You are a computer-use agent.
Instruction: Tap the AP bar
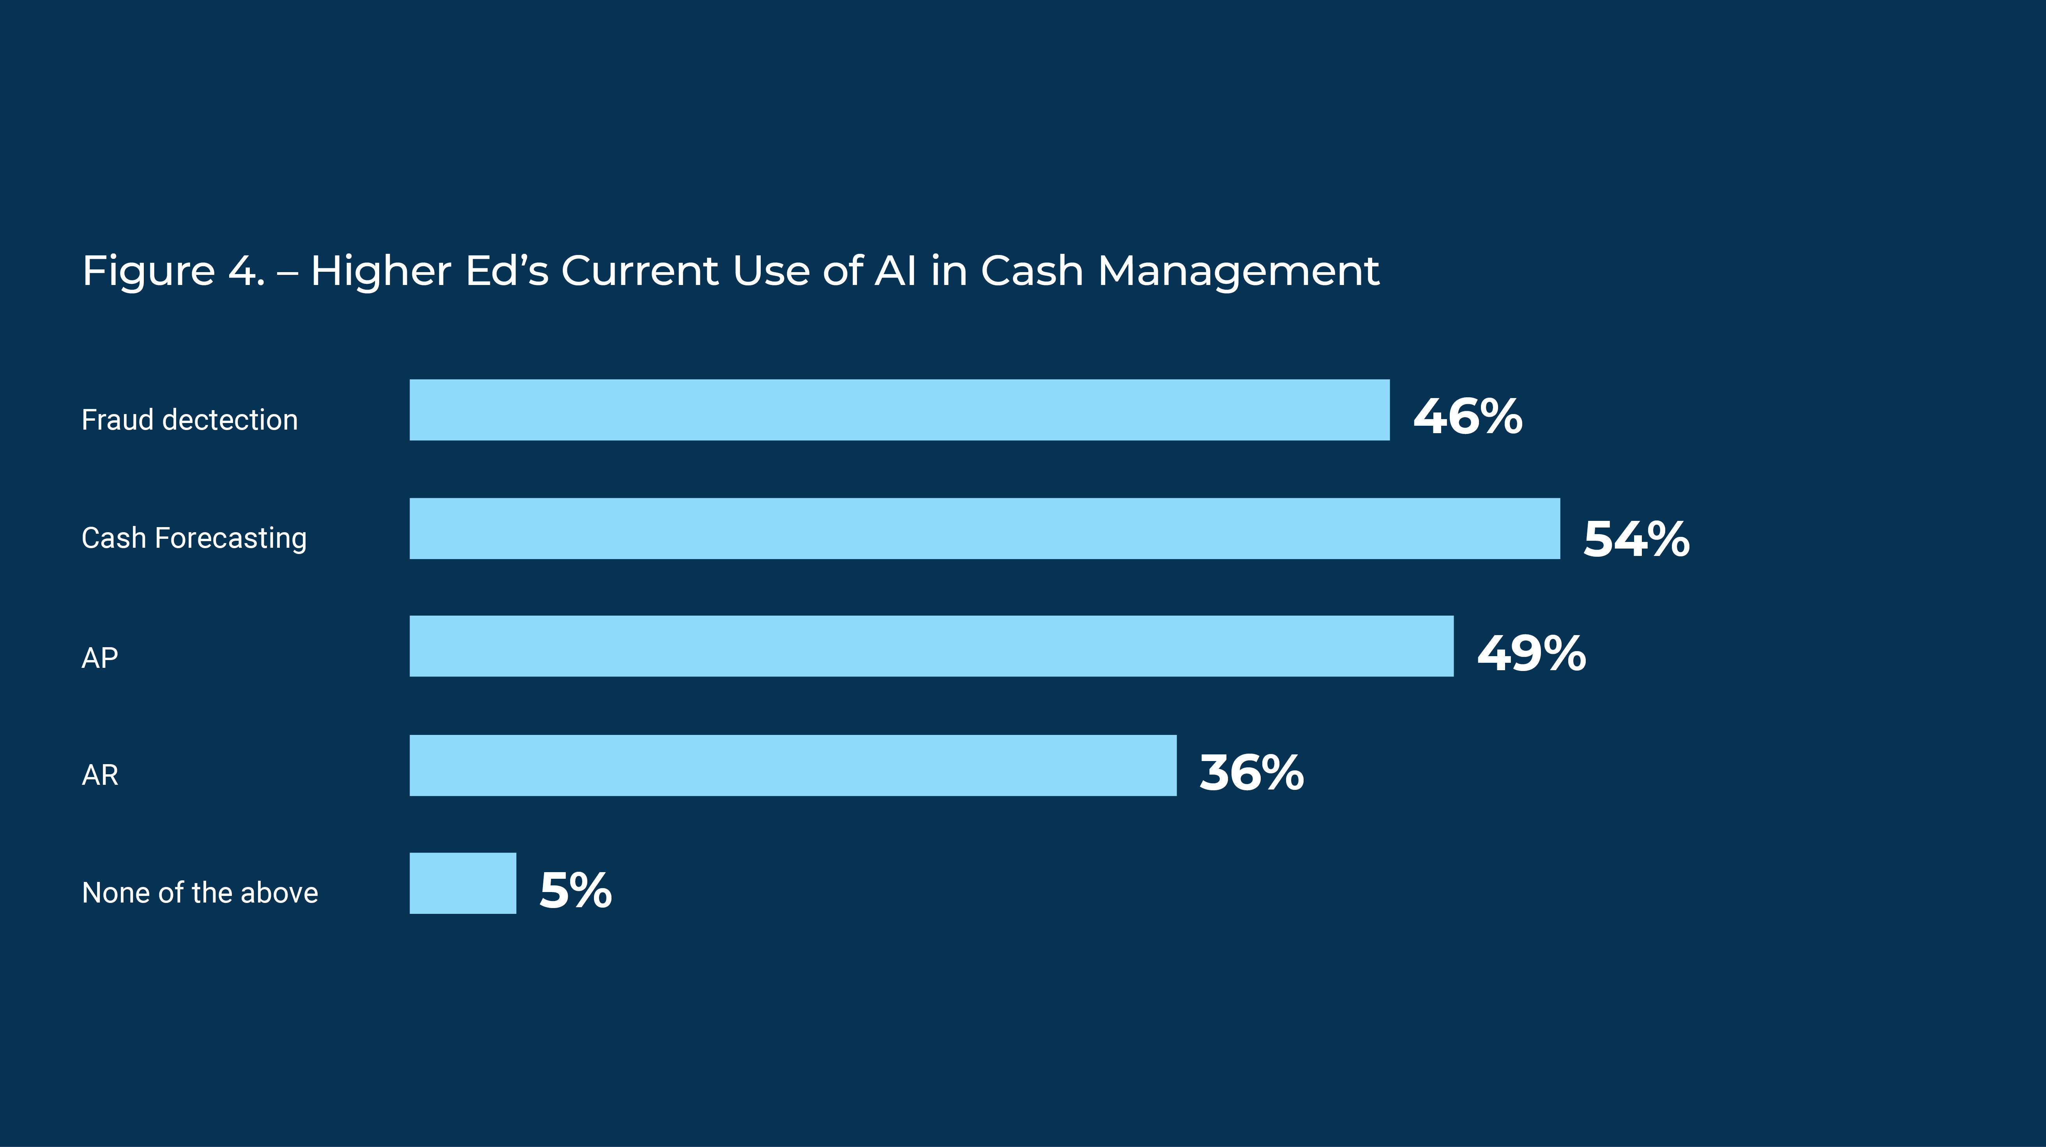point(932,646)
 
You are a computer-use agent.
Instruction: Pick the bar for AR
point(793,765)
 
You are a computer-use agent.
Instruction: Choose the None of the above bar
point(463,883)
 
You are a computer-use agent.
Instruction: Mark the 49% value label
point(1531,654)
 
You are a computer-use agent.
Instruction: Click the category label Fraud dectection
point(190,420)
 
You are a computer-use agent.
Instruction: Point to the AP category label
point(100,658)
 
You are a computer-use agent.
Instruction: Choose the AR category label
point(100,774)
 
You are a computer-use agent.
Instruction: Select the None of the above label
point(200,893)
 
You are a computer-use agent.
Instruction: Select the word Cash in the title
point(1032,271)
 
